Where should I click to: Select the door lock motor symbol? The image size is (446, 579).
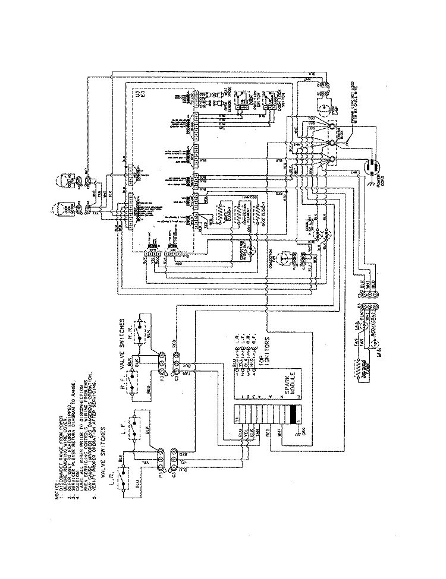pyautogui.click(x=59, y=210)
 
